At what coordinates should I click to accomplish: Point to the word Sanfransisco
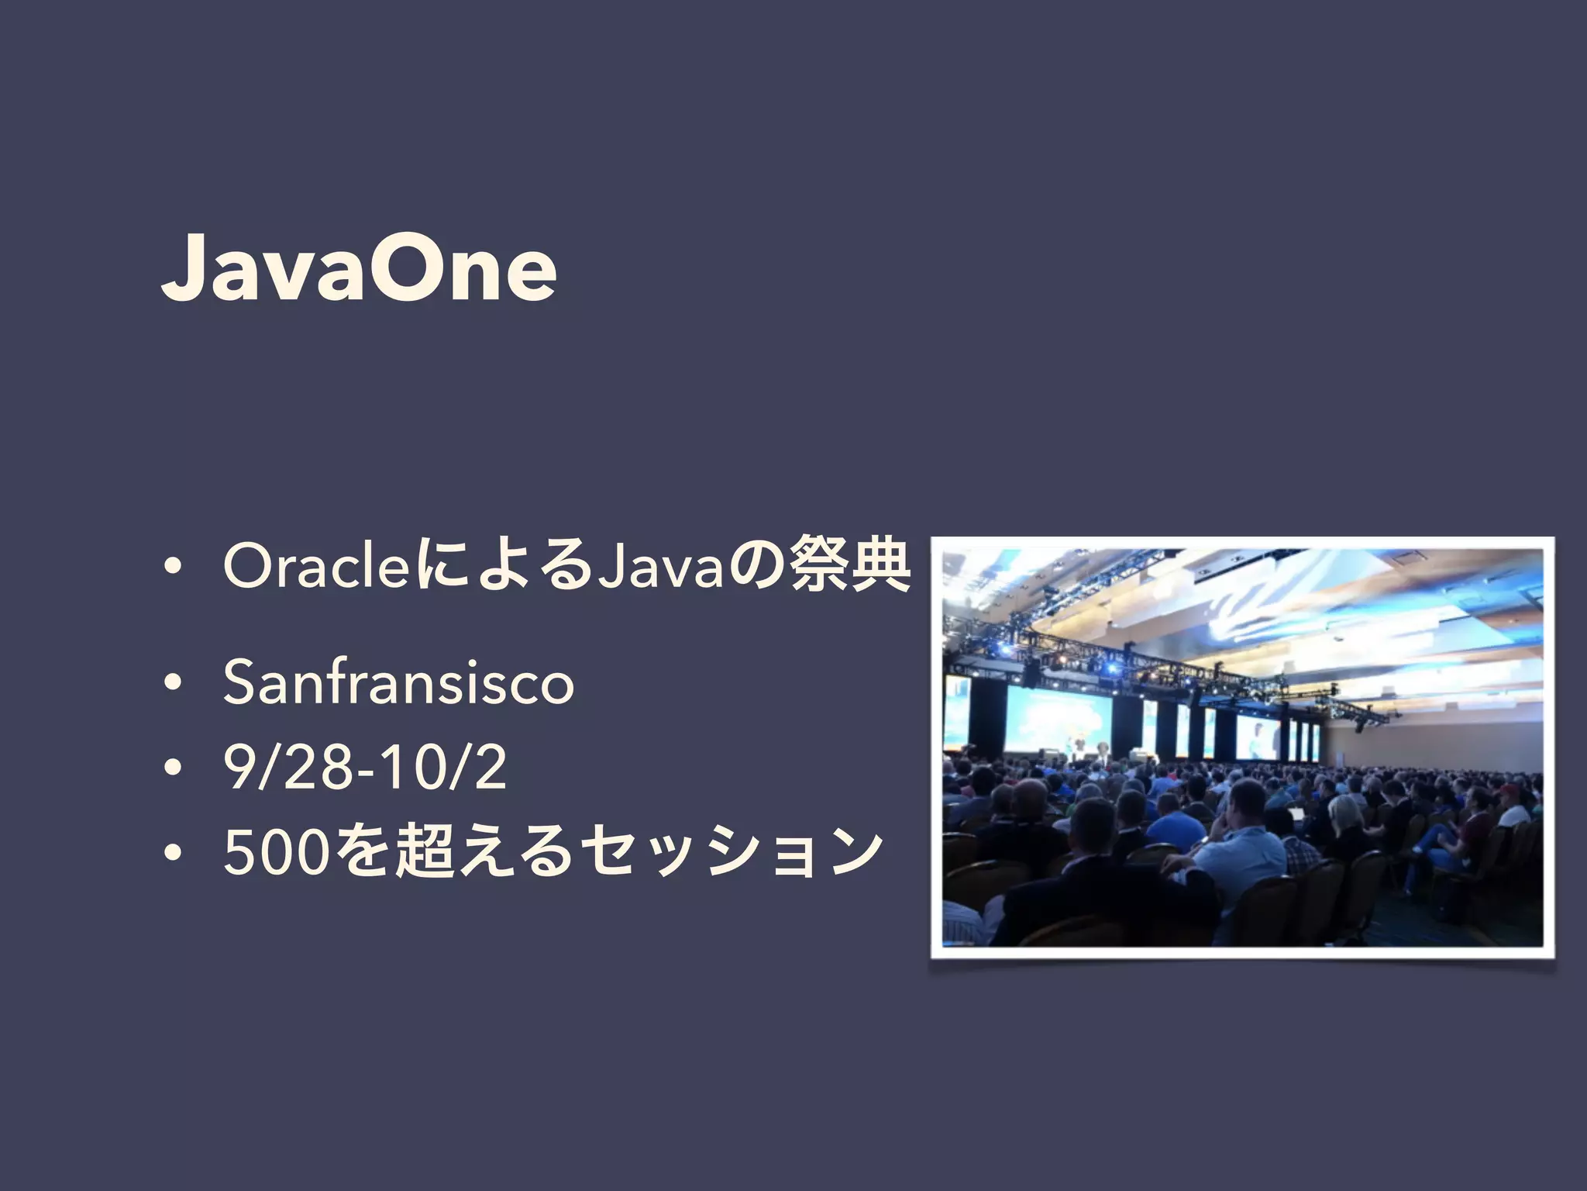click(x=398, y=682)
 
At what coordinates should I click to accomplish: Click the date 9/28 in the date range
click(x=287, y=767)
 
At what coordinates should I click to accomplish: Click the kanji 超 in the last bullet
click(x=423, y=851)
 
